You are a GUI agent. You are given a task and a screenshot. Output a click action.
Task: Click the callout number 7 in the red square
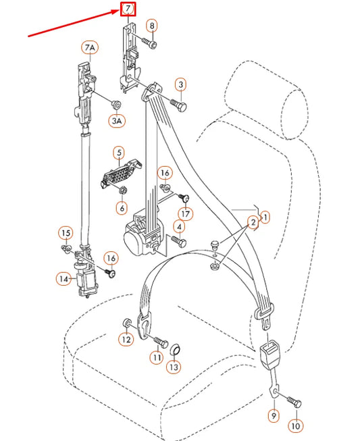[127, 9]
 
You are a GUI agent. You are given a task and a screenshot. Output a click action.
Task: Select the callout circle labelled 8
[151, 26]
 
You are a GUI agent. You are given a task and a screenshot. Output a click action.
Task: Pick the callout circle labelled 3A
[118, 121]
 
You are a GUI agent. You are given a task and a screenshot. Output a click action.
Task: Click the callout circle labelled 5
[118, 153]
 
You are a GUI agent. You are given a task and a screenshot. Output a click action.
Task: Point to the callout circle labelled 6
[122, 208]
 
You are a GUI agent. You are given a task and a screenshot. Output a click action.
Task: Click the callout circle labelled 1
[265, 217]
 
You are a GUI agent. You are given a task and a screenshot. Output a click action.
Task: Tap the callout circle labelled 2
[251, 222]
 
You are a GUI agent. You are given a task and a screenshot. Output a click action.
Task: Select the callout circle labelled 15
[65, 234]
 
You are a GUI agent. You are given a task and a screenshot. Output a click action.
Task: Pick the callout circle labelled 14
[63, 278]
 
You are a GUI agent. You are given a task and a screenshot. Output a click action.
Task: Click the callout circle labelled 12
[126, 340]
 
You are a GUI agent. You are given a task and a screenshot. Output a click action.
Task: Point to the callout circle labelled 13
[174, 367]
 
